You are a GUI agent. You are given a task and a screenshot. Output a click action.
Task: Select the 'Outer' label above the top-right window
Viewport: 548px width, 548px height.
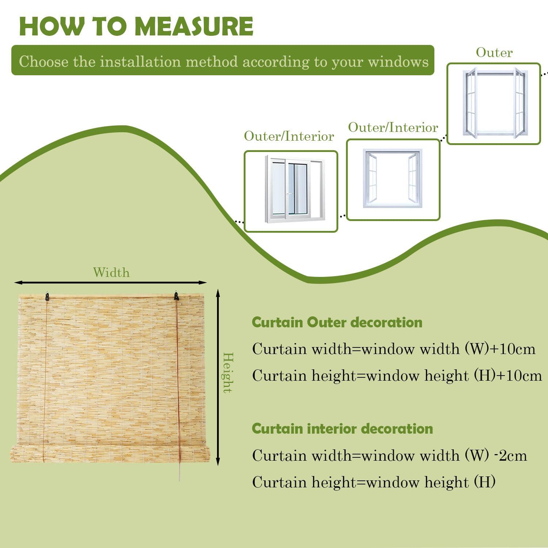pyautogui.click(x=494, y=53)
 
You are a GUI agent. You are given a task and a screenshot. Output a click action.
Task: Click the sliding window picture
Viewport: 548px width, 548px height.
pyautogui.click(x=291, y=191)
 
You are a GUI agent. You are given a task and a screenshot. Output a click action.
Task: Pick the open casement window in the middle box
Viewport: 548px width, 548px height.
pyautogui.click(x=393, y=179)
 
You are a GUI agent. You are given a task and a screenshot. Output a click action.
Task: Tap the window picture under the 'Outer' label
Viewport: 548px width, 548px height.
pyautogui.click(x=494, y=104)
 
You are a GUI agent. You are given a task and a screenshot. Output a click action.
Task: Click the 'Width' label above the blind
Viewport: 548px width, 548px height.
pyautogui.click(x=111, y=273)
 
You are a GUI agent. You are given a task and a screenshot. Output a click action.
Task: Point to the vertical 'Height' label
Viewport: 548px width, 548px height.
pyautogui.click(x=228, y=373)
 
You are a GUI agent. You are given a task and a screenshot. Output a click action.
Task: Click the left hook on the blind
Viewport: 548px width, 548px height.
pyautogui.click(x=47, y=296)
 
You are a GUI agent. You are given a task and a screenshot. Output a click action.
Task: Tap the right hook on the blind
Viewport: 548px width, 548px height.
pyautogui.click(x=176, y=296)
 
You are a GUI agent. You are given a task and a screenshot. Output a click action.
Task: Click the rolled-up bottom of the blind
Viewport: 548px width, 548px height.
pyautogui.click(x=110, y=454)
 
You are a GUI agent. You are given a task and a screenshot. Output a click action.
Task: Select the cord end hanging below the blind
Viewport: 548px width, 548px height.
pyautogui.click(x=179, y=475)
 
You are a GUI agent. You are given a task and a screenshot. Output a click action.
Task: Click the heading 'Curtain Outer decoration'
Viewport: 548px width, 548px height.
pyautogui.click(x=337, y=322)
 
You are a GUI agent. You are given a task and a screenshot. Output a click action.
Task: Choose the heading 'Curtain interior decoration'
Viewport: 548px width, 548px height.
pyautogui.click(x=342, y=428)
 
